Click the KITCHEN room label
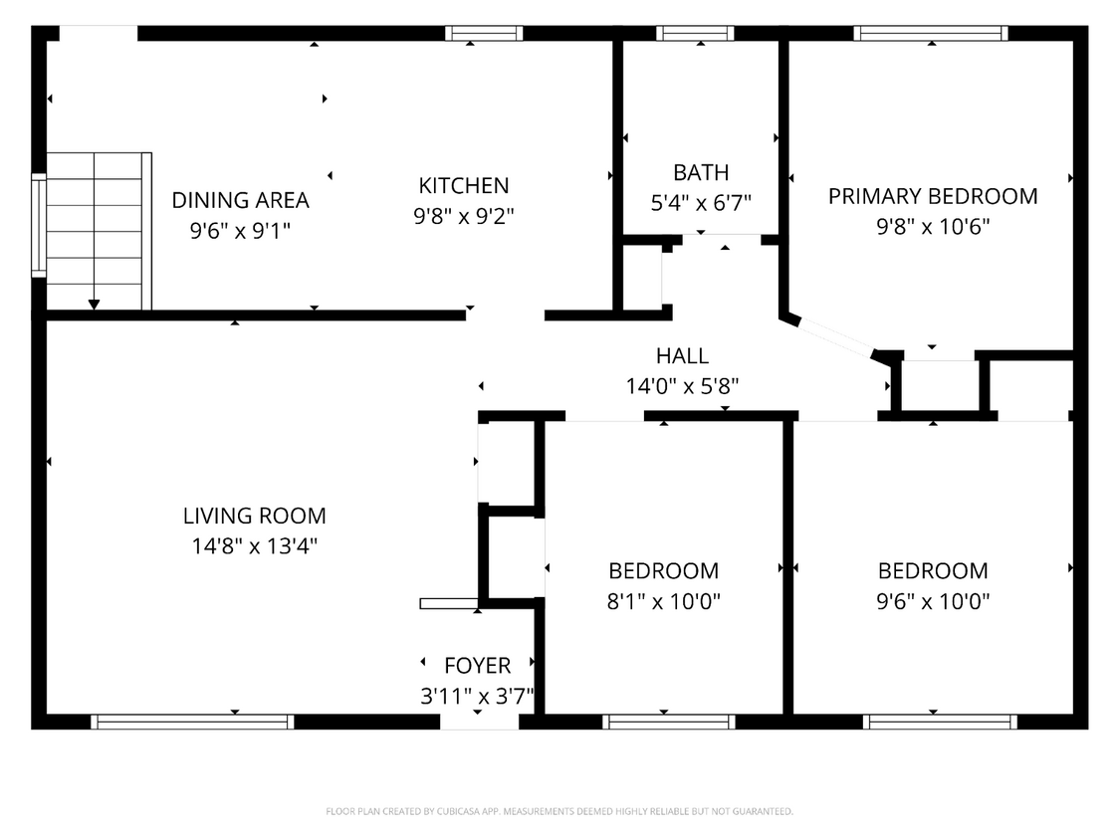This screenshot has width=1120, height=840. click(463, 185)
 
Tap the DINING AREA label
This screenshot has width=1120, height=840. click(240, 200)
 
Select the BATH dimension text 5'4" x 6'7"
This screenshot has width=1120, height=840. click(700, 203)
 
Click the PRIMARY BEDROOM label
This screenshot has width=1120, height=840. click(932, 196)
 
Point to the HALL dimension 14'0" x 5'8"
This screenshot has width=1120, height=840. click(682, 386)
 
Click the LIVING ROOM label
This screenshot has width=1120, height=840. click(254, 516)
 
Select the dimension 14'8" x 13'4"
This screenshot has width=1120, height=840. click(254, 546)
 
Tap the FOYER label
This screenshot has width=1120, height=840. click(477, 666)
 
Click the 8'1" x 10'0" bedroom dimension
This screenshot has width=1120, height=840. click(663, 601)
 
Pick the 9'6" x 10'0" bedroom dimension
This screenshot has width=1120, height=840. click(933, 601)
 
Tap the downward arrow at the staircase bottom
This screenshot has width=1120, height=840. click(94, 303)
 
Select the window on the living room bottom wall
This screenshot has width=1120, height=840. click(192, 722)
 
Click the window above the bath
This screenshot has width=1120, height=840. click(695, 34)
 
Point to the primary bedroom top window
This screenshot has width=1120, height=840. click(931, 34)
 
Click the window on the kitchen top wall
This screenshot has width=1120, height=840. click(484, 34)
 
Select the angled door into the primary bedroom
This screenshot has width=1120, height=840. click(834, 336)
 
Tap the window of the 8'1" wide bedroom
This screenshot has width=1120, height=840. click(668, 722)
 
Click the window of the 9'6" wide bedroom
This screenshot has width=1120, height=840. click(939, 722)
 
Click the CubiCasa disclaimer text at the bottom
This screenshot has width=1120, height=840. click(560, 812)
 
